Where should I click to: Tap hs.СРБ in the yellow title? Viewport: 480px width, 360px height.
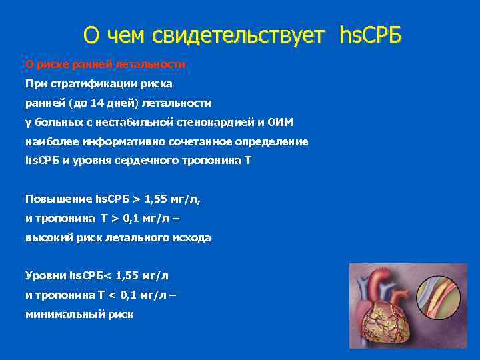coord(371,34)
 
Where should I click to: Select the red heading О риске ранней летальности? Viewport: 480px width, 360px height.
coord(105,65)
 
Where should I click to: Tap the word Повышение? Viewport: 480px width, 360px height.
coord(59,199)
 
